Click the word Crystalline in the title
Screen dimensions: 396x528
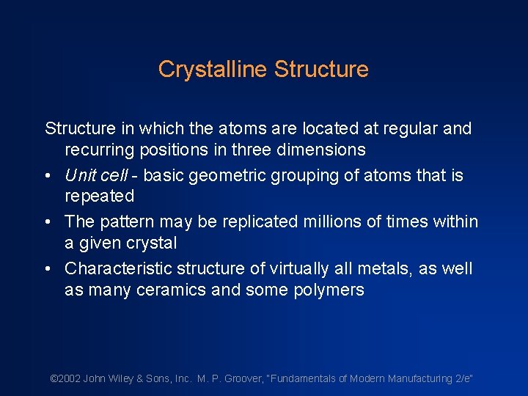[213, 70]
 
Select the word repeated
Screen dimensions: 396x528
[100, 197]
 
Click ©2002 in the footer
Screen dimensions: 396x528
[65, 378]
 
